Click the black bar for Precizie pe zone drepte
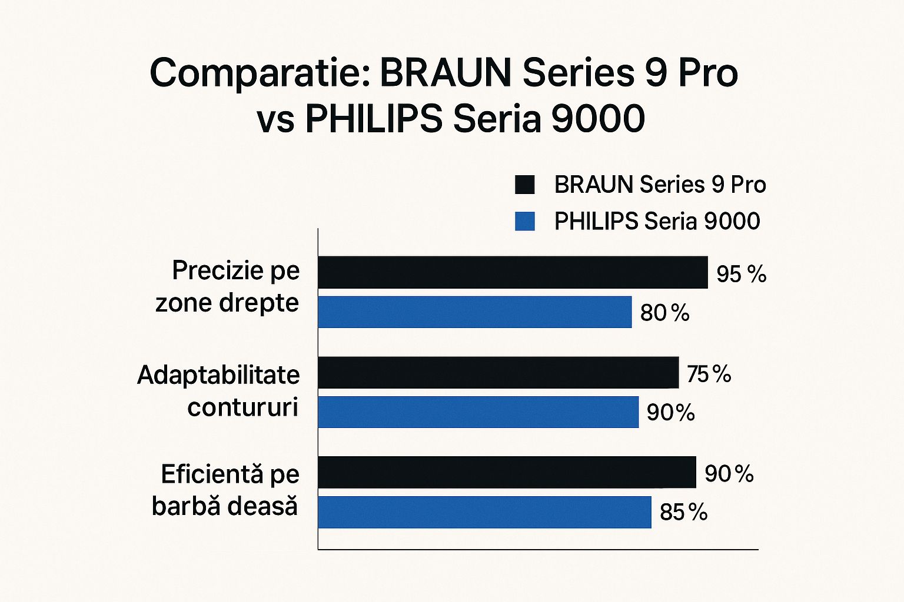click(x=512, y=272)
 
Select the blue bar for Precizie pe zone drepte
click(x=474, y=312)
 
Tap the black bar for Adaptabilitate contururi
click(x=498, y=372)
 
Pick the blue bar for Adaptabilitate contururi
click(x=478, y=412)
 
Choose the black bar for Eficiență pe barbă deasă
click(x=506, y=472)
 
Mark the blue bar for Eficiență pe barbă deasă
click(x=484, y=512)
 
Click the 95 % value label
click(x=741, y=274)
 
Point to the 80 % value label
click(x=664, y=313)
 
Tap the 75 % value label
click(x=709, y=374)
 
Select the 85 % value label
click(x=683, y=512)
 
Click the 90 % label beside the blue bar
click(x=670, y=412)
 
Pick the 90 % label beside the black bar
click(x=729, y=473)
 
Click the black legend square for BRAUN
click(x=524, y=185)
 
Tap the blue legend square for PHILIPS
click(x=524, y=221)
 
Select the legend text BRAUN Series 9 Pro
click(x=660, y=185)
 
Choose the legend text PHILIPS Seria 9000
click(x=657, y=221)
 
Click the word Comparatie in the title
click(x=260, y=73)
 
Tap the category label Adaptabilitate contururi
click(x=218, y=391)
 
